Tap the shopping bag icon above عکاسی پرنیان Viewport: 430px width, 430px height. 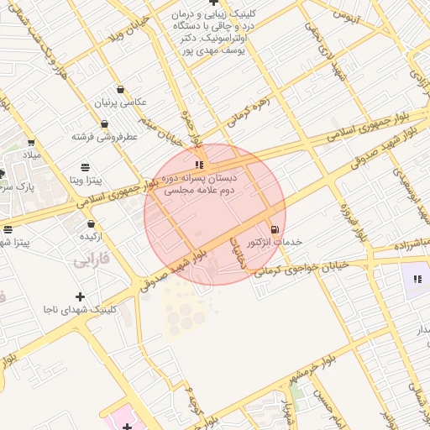[x=121, y=89]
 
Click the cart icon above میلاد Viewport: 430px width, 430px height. [x=31, y=143]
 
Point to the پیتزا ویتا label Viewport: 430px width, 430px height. [x=86, y=180]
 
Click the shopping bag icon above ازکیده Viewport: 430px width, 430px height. [x=91, y=223]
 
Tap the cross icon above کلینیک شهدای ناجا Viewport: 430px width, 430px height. [x=80, y=296]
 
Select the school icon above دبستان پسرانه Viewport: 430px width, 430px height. [x=198, y=165]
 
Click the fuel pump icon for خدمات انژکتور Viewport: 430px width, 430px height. [x=274, y=229]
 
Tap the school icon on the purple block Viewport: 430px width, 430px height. [x=417, y=279]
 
